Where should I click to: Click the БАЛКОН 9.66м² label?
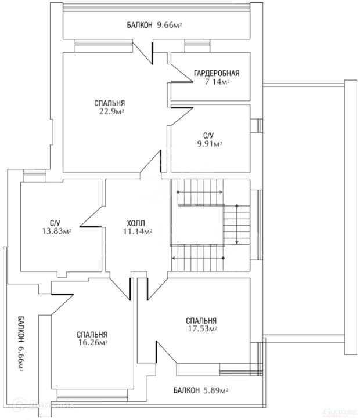155,26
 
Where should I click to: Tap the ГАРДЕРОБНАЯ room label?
217,74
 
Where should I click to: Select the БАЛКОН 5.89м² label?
200,390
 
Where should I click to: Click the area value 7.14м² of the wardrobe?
217,82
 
